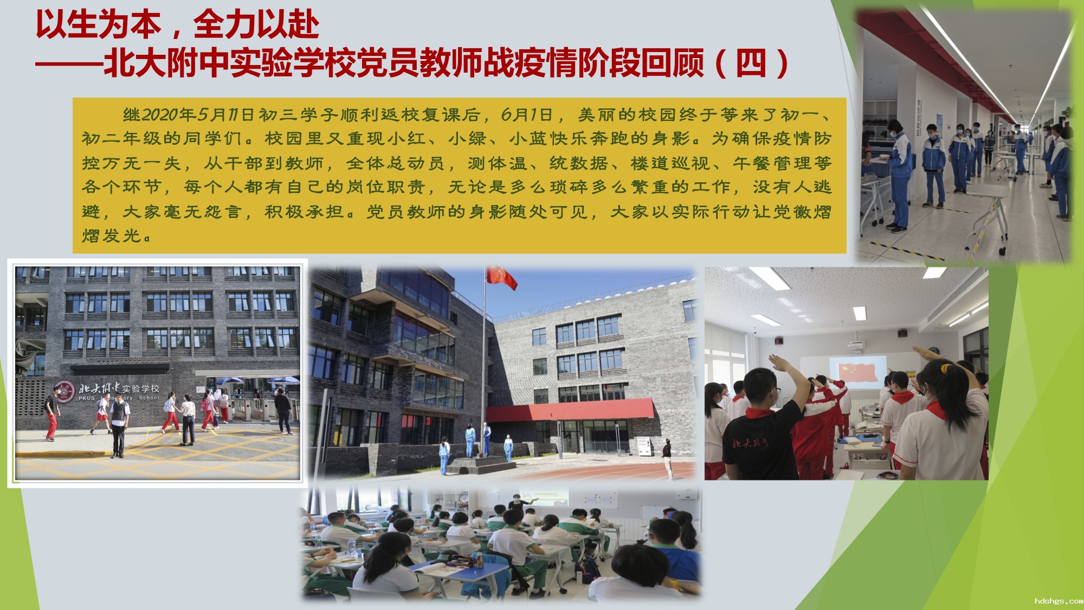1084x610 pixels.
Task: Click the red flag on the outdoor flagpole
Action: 501,277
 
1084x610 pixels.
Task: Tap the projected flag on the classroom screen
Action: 857,372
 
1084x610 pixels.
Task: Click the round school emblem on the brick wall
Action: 65,390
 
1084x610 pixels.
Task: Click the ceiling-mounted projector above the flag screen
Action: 858,345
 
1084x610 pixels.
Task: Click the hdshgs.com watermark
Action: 1059,601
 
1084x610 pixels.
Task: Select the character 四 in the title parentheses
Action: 751,63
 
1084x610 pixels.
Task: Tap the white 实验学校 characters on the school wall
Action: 140,389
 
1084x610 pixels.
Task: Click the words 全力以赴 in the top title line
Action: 256,25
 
